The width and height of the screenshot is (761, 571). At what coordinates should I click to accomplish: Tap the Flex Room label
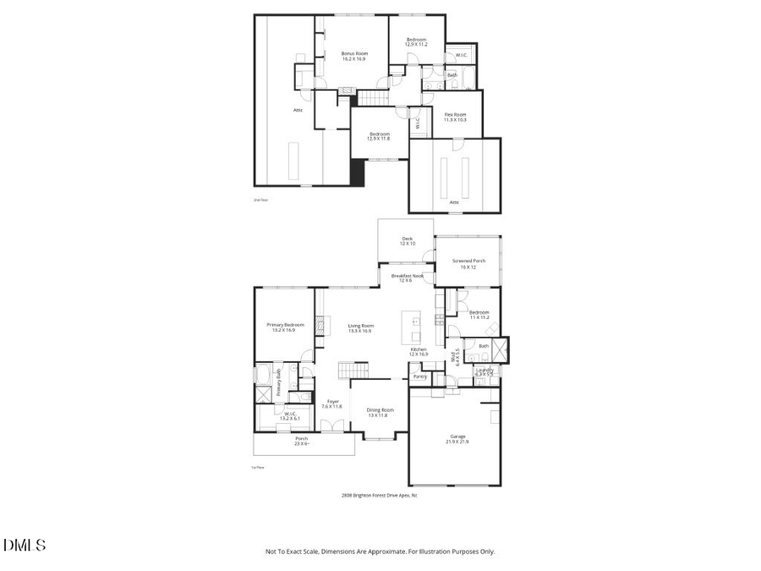pyautogui.click(x=455, y=117)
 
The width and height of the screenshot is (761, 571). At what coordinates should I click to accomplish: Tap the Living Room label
pyautogui.click(x=361, y=327)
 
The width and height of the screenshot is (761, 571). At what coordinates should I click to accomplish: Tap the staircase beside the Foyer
pyautogui.click(x=354, y=371)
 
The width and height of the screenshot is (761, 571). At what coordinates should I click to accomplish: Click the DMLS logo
pyautogui.click(x=25, y=544)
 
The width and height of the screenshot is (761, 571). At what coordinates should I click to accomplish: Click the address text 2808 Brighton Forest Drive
pyautogui.click(x=379, y=496)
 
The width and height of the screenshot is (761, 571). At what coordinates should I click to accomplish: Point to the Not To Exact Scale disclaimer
pyautogui.click(x=380, y=552)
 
